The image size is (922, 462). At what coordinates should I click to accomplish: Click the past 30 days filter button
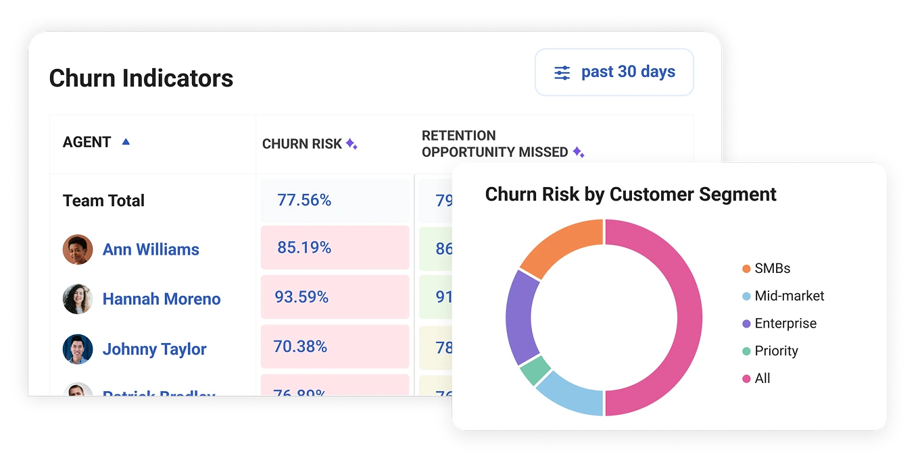(614, 72)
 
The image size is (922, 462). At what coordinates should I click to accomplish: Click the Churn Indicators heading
(141, 78)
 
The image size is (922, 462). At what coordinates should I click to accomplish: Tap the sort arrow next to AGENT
(125, 142)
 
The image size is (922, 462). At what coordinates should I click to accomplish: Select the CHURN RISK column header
(302, 144)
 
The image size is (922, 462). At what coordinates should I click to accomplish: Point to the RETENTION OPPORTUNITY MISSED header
(495, 144)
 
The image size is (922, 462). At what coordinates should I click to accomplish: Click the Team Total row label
(103, 201)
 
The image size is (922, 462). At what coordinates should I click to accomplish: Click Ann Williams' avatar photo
(78, 249)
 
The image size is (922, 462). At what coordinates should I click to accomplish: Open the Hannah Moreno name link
(162, 299)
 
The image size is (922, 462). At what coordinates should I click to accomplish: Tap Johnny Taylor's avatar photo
(78, 349)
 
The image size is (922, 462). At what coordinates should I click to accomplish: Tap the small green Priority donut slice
(535, 370)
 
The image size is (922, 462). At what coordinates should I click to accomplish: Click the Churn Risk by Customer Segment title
(630, 195)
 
